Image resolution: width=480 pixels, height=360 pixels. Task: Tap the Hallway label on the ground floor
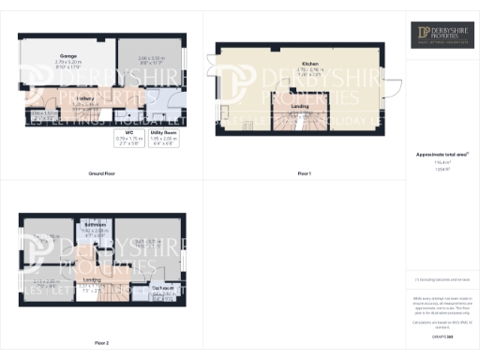point(85,97)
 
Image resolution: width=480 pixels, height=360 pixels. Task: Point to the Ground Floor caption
point(102,174)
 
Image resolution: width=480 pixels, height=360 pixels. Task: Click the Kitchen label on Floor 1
point(298,58)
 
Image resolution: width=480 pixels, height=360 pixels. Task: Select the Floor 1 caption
point(305,174)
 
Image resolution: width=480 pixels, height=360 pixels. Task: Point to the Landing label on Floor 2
point(92,279)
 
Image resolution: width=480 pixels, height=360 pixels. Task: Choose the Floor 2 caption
point(102,343)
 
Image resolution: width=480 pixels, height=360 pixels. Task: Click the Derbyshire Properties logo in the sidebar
point(442,36)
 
